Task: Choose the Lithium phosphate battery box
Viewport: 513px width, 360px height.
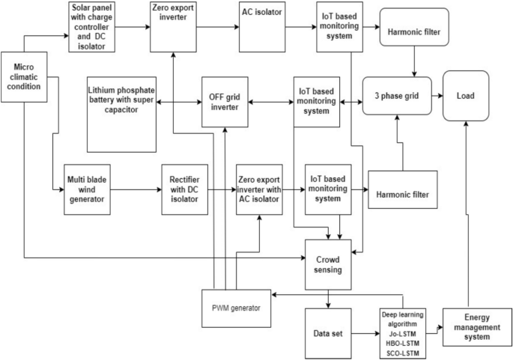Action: pos(121,112)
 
